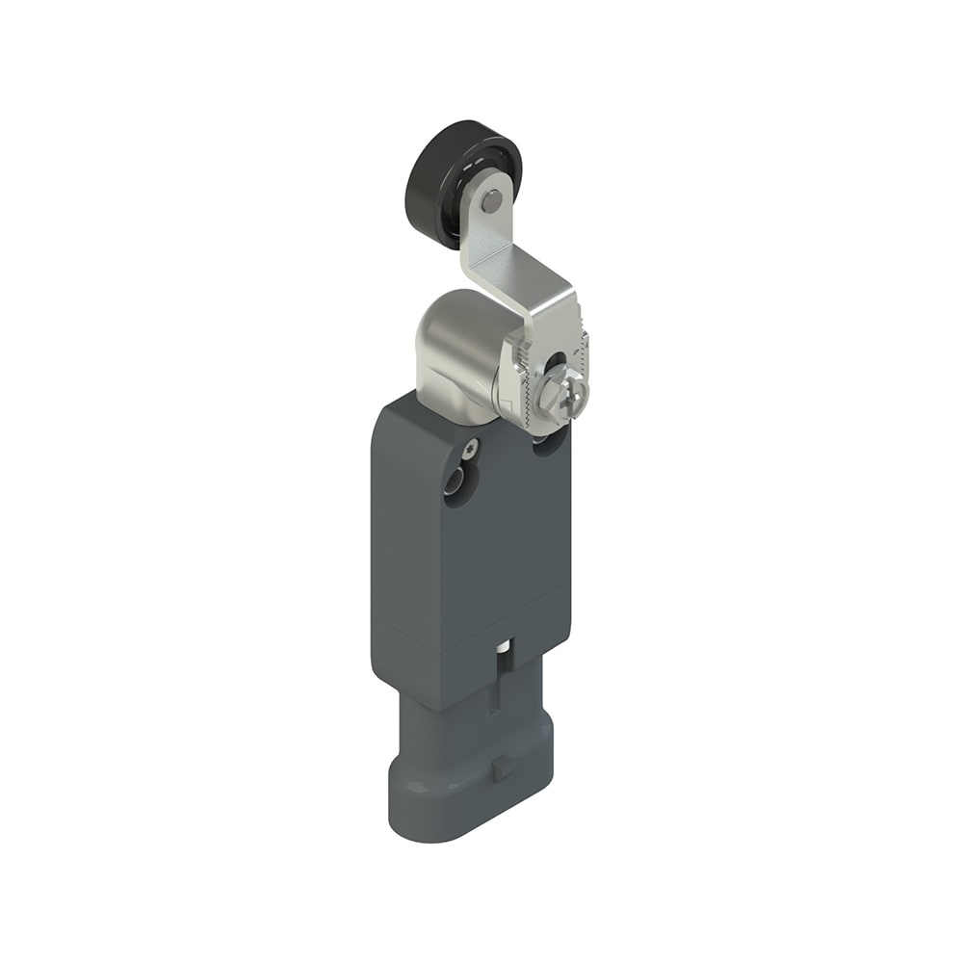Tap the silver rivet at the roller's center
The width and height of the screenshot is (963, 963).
click(x=492, y=200)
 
